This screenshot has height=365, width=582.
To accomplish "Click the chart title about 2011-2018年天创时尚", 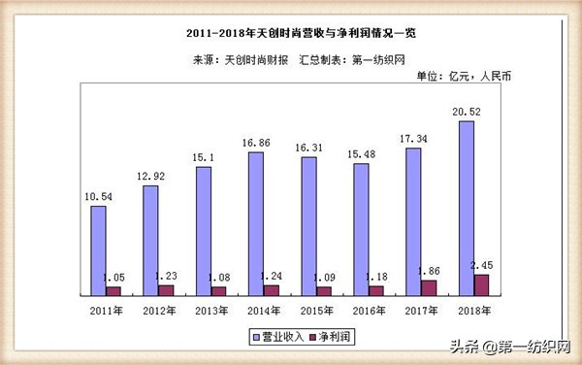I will pyautogui.click(x=292, y=35).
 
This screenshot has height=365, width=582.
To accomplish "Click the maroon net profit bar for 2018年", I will pyautogui.click(x=480, y=284).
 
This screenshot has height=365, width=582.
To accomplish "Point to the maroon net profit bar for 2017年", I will pyautogui.click(x=428, y=287).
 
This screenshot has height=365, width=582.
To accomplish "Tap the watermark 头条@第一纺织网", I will pyautogui.click(x=511, y=345).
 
